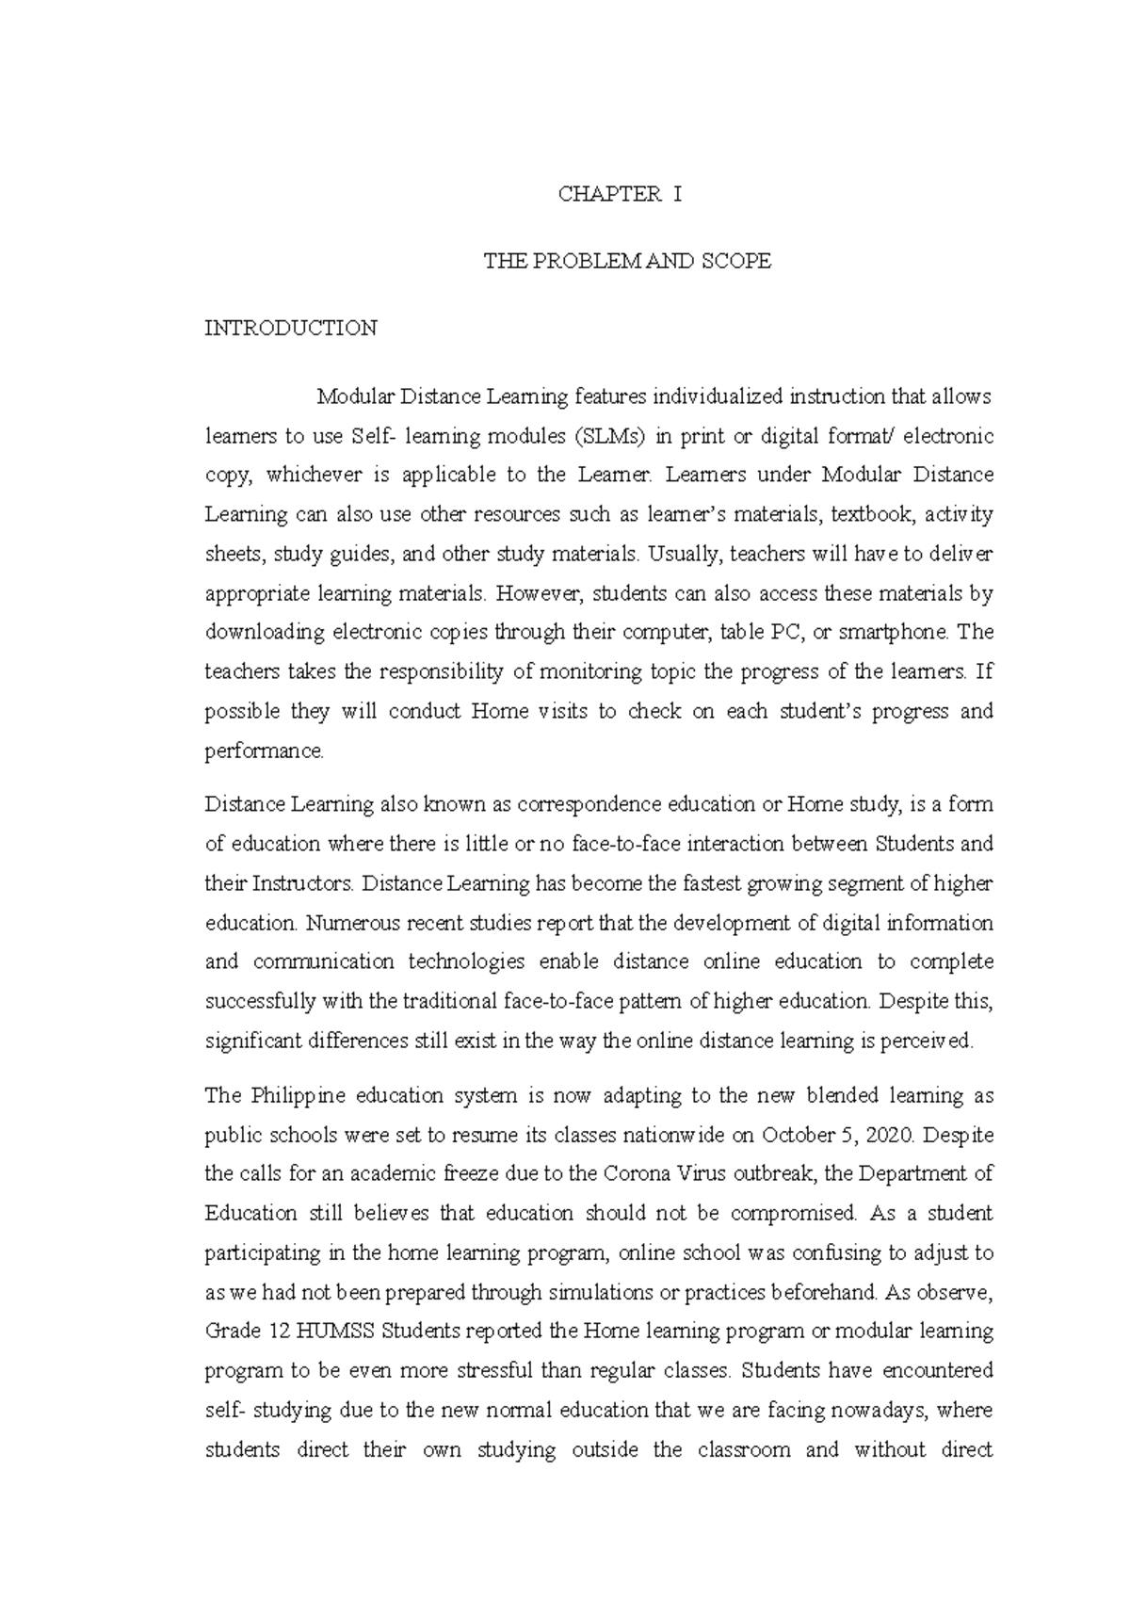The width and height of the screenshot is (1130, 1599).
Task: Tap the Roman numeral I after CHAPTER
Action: tap(676, 195)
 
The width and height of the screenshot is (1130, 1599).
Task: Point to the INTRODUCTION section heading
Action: tap(291, 329)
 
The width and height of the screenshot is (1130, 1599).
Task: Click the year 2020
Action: tap(889, 1136)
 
